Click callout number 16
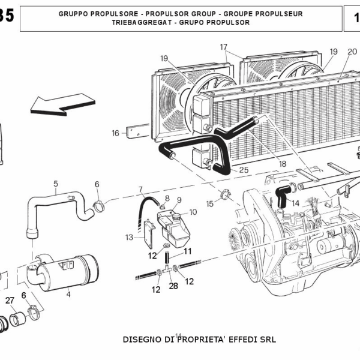116,133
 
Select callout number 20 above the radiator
352,51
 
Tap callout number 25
244,170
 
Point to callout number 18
282,163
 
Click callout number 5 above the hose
56,183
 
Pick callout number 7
140,189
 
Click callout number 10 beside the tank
193,212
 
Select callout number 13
129,237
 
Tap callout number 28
173,286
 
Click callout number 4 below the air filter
68,294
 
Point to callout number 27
10,300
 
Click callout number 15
209,204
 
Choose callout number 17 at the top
224,47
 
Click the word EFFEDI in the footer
240,339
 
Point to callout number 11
188,251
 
